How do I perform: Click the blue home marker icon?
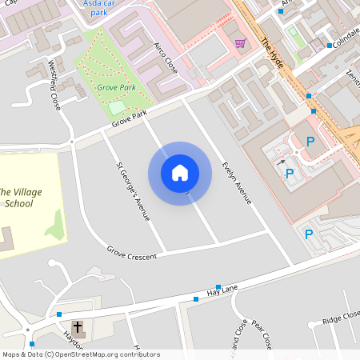[180, 173]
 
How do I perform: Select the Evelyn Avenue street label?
[237, 182]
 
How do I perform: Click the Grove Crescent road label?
[132, 252]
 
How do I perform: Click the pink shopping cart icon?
[240, 43]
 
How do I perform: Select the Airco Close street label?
[166, 57]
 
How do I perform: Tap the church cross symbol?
[78, 327]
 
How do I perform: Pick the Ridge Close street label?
[341, 320]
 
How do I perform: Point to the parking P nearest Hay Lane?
[309, 234]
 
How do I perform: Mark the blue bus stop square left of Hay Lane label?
[196, 298]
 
